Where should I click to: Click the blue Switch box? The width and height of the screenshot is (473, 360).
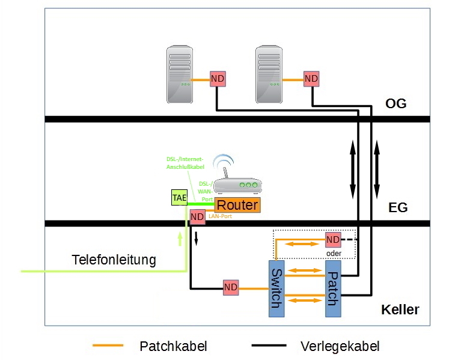276,289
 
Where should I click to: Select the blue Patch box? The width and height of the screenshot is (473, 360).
333,289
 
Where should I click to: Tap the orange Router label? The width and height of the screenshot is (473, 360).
237,205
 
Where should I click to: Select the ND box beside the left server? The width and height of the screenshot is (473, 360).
217,79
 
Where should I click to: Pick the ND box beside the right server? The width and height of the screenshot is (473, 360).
311,79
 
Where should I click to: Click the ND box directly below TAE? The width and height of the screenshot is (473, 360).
197,217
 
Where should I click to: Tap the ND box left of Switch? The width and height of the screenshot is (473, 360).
231,288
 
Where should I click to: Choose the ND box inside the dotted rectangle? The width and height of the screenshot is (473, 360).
333,239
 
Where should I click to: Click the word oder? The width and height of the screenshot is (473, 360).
334,253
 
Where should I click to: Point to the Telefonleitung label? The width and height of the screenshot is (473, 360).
114,260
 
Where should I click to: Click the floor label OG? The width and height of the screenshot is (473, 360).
395,104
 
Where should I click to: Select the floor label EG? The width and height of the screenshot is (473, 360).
397,208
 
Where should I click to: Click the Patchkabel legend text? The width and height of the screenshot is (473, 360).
173,346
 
